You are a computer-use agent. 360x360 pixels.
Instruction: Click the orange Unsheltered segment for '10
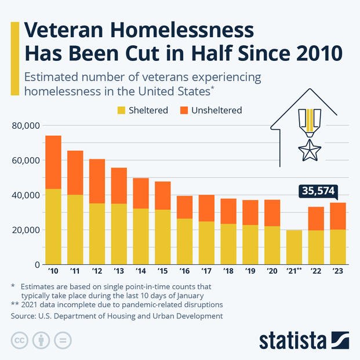click(53, 162)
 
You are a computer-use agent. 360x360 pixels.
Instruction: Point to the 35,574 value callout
click(317, 191)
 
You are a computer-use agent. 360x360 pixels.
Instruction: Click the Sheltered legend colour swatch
click(122, 110)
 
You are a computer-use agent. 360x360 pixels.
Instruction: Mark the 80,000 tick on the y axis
click(25, 125)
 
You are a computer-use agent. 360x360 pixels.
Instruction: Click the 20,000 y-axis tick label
click(25, 230)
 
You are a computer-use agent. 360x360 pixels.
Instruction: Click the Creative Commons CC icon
click(20, 340)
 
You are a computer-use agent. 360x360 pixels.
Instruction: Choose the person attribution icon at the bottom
click(42, 340)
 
